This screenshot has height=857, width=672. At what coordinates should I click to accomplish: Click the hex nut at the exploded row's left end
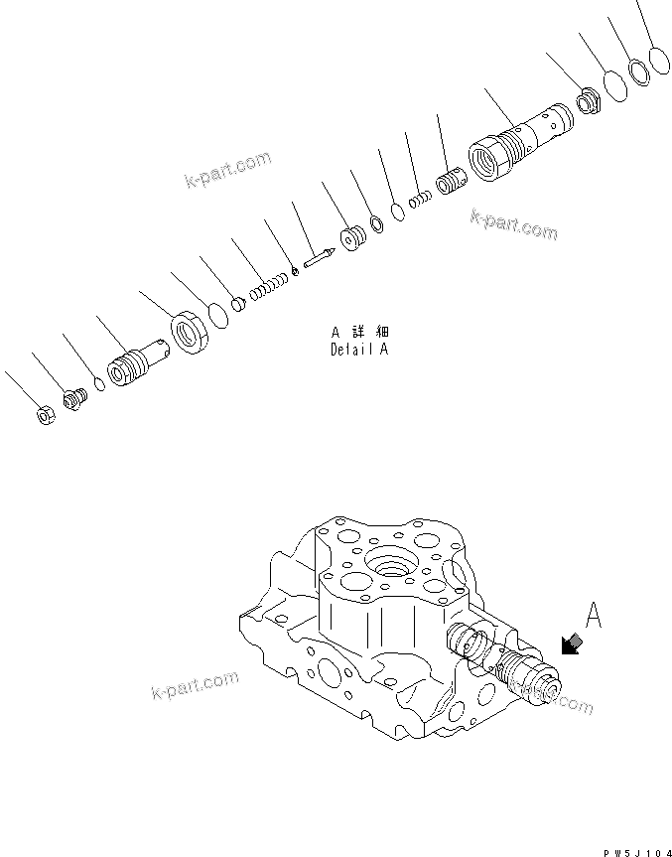[x=45, y=416]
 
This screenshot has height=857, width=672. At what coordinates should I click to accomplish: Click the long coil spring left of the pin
[x=267, y=288]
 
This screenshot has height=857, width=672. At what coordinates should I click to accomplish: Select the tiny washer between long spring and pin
[x=296, y=273]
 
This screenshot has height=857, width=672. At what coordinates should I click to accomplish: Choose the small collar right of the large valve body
[x=588, y=101]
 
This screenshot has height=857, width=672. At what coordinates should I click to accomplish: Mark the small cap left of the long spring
[x=238, y=304]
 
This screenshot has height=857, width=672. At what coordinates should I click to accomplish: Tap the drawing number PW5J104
[x=629, y=841]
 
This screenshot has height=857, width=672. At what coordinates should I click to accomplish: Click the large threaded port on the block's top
[x=388, y=570]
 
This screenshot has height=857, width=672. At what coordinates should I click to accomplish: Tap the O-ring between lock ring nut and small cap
[x=219, y=315]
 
